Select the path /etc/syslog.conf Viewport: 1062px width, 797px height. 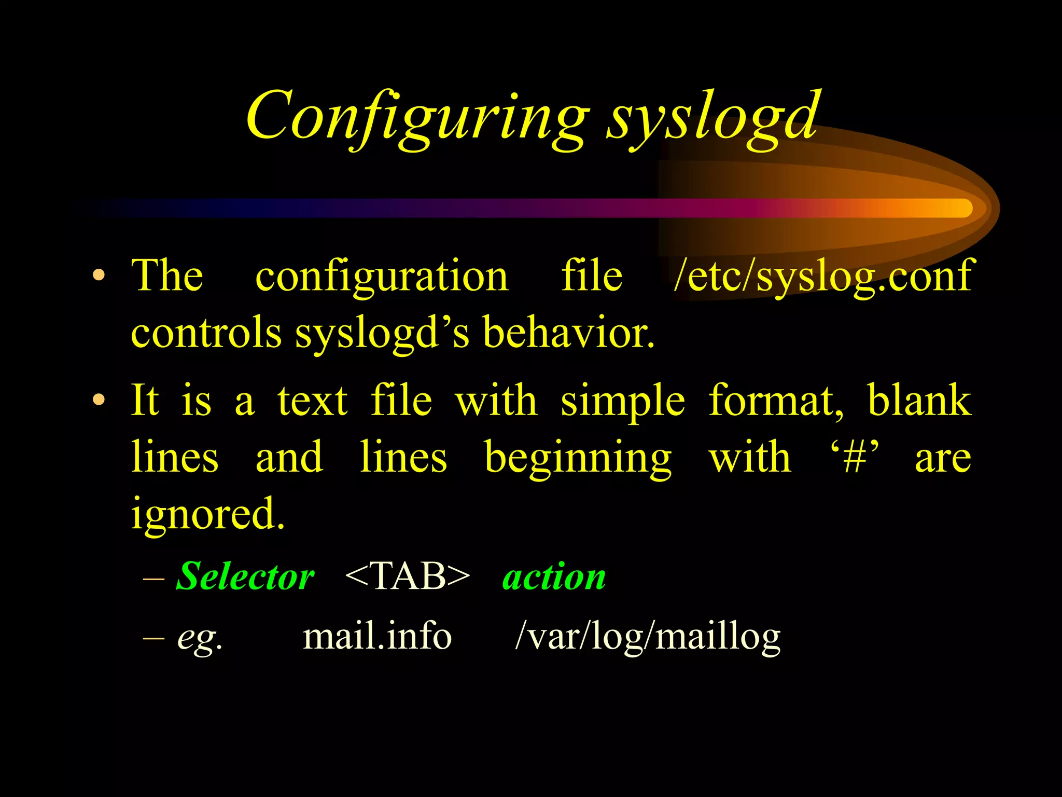[x=822, y=277]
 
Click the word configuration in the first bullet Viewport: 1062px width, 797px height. [x=382, y=277]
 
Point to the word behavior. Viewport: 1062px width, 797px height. [x=568, y=333]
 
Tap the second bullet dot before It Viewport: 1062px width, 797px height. [x=99, y=400]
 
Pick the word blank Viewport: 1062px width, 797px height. [x=919, y=400]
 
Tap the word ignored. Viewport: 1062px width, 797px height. [x=207, y=514]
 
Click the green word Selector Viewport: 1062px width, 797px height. [x=245, y=576]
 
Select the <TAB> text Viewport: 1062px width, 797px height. [x=407, y=576]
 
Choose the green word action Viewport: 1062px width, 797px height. [x=554, y=578]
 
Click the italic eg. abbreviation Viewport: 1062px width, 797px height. [x=200, y=637]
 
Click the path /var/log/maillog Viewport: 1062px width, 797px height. [x=648, y=637]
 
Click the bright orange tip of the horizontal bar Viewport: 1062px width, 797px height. [x=959, y=208]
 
